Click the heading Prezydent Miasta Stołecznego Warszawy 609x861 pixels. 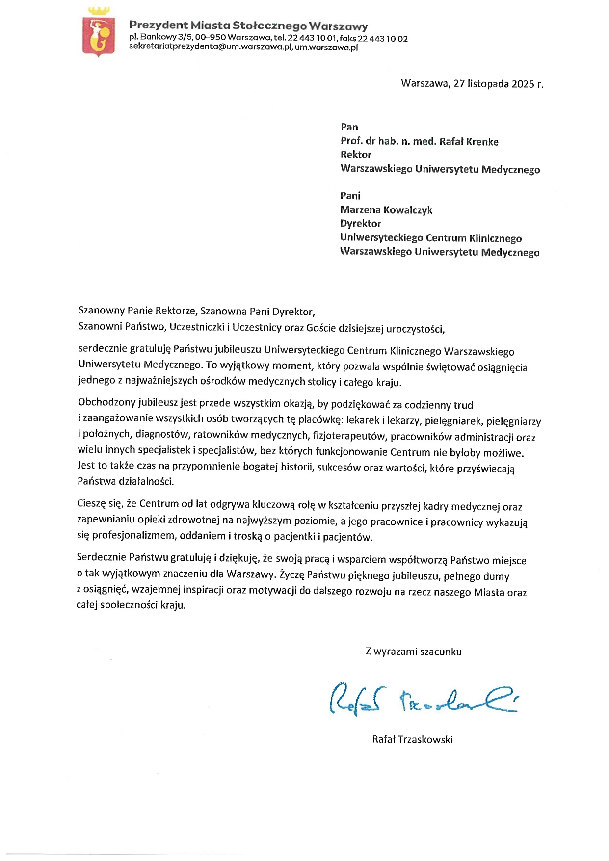pyautogui.click(x=248, y=26)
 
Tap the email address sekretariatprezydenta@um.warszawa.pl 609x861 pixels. pyautogui.click(x=211, y=47)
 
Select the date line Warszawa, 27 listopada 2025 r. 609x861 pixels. pyautogui.click(x=472, y=83)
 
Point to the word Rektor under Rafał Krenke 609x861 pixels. pyautogui.click(x=356, y=155)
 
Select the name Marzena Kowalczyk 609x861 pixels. pyautogui.click(x=386, y=210)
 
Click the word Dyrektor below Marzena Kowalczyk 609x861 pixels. pyautogui.click(x=361, y=224)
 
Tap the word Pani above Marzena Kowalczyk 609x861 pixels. pyautogui.click(x=350, y=196)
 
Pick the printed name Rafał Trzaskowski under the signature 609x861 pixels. pyautogui.click(x=412, y=739)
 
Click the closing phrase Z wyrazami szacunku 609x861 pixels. pyautogui.click(x=413, y=652)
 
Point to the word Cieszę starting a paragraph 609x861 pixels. pyautogui.click(x=91, y=503)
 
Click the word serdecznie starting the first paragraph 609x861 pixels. pyautogui.click(x=102, y=349)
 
